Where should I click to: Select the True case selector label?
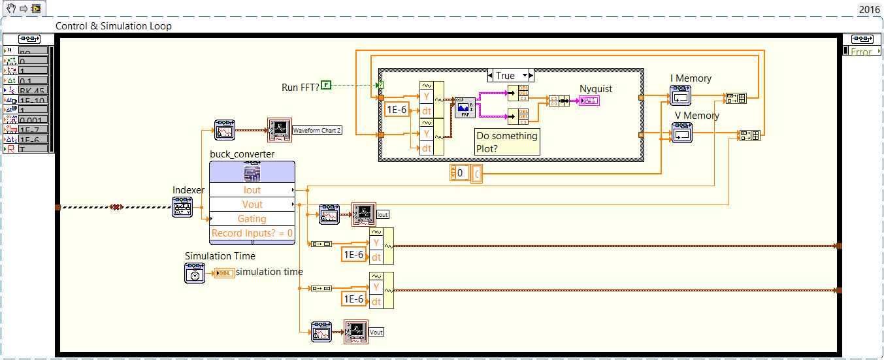coord(505,75)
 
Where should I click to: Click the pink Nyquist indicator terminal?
coord(588,100)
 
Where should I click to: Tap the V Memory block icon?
coord(682,133)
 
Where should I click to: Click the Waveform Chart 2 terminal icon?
coord(279,130)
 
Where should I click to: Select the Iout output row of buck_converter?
coord(252,190)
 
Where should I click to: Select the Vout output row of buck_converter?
coord(252,205)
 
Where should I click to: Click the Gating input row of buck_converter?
coord(252,219)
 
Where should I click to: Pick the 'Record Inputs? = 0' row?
coord(252,233)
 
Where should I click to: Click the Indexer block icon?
coord(182,207)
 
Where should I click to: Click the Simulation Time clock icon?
coord(195,272)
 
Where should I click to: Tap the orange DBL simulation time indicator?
coord(223,273)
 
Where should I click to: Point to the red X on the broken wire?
coord(116,207)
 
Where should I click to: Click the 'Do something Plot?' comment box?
coord(507,142)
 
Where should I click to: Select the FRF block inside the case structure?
coord(465,106)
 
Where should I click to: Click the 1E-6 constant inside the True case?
coord(397,109)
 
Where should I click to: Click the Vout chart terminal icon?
coord(356,332)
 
